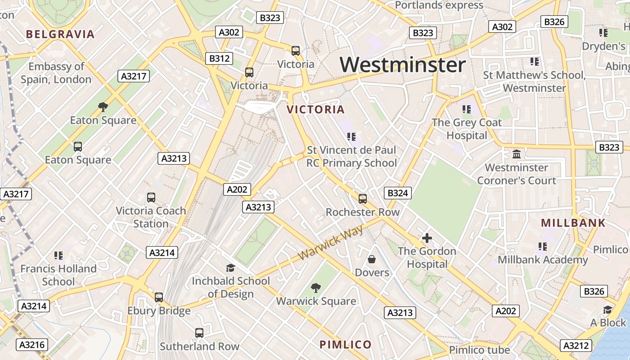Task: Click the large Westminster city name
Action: [402, 65]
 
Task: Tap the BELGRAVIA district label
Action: [60, 34]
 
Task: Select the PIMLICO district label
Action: [346, 345]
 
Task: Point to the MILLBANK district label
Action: [573, 223]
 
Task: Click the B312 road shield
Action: [220, 58]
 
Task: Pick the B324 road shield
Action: [398, 193]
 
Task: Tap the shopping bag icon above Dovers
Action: [372, 259]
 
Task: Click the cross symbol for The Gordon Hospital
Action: [427, 238]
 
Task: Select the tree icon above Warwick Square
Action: [316, 288]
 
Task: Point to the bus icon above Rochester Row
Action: [362, 198]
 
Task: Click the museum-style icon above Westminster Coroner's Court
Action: [517, 154]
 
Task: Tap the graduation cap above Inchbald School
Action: [230, 268]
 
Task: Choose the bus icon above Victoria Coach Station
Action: [151, 197]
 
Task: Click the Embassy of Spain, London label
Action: [56, 73]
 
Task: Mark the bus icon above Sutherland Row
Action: [199, 333]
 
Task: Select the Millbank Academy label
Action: [543, 260]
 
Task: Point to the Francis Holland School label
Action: [58, 275]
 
